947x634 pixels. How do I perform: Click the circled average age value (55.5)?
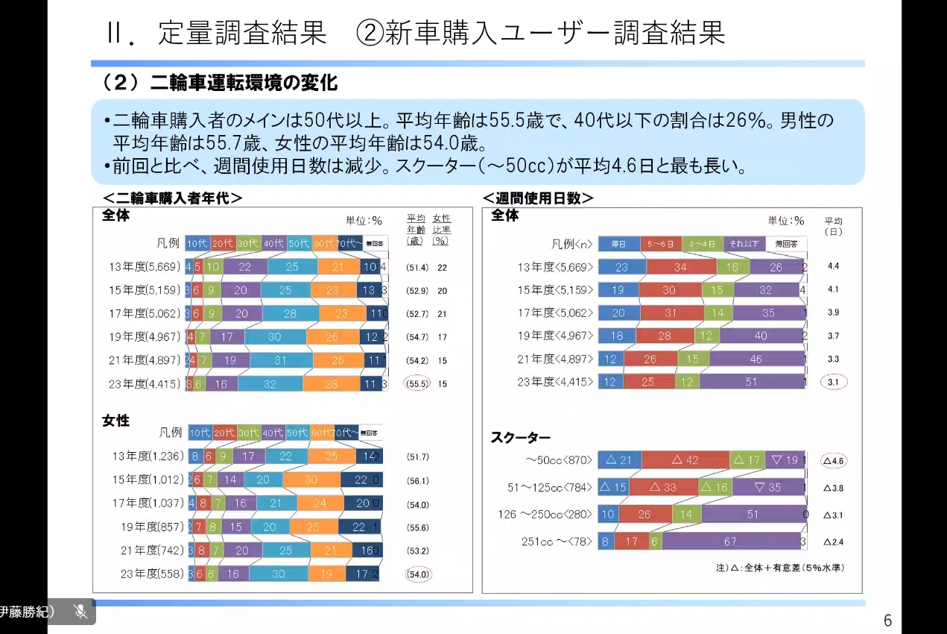[x=418, y=384]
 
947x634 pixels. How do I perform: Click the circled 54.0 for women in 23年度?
[x=418, y=574]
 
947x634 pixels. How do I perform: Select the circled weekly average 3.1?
[x=833, y=382]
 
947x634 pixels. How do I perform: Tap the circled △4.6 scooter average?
[x=833, y=461]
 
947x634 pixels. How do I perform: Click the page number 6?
[x=887, y=621]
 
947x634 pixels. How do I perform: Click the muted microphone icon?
[x=81, y=612]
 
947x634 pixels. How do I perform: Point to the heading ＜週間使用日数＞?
[x=538, y=198]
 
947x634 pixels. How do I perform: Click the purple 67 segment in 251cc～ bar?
[x=729, y=542]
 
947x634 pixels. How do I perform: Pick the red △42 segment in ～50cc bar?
[x=685, y=460]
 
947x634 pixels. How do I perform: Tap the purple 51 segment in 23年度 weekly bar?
[x=751, y=382]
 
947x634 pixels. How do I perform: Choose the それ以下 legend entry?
[x=743, y=243]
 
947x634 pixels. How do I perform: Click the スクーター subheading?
[x=520, y=438]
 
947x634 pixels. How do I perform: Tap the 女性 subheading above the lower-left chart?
[x=115, y=421]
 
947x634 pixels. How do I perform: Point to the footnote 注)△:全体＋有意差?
[x=779, y=568]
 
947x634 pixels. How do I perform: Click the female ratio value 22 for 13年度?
[x=443, y=267]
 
